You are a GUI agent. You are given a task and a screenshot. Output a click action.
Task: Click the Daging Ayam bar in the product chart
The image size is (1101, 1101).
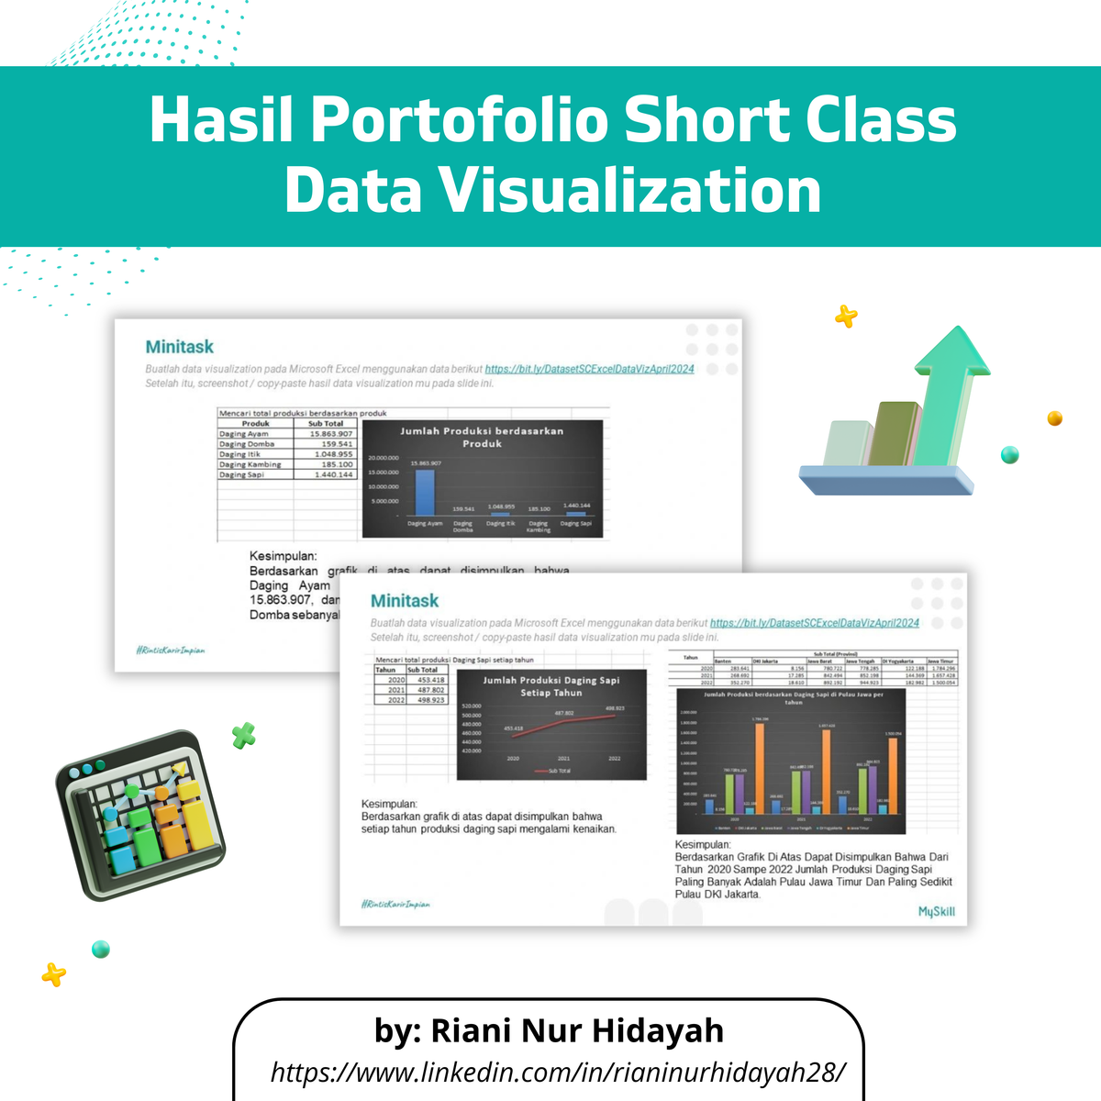(x=425, y=493)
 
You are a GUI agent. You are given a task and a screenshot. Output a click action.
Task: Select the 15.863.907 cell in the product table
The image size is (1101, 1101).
(x=330, y=434)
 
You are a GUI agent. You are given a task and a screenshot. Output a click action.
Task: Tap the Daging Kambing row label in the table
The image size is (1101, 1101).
(x=250, y=464)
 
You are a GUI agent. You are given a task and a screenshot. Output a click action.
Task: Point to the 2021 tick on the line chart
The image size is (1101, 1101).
(x=563, y=759)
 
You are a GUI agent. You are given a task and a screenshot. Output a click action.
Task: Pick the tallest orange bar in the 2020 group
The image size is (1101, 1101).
(x=760, y=768)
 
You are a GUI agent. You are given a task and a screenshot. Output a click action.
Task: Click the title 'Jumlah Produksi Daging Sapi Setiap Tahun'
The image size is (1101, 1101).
(x=550, y=686)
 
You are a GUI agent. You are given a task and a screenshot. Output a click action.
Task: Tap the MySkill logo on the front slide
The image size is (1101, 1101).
(x=936, y=911)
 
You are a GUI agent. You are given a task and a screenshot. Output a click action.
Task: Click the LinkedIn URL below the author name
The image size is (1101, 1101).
(x=558, y=1071)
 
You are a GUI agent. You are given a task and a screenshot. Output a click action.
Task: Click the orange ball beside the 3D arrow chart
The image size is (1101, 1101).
(x=1054, y=418)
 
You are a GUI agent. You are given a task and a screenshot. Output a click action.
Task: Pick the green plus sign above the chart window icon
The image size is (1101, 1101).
(x=243, y=735)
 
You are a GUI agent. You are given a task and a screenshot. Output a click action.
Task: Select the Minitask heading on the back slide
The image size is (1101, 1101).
(x=179, y=347)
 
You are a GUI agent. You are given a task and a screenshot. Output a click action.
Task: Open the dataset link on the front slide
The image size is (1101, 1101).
(x=814, y=623)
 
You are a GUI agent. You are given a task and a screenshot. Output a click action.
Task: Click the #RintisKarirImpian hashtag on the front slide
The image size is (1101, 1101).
(x=395, y=905)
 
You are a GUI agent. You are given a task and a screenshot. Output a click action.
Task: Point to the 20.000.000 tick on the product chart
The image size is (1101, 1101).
(x=383, y=457)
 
